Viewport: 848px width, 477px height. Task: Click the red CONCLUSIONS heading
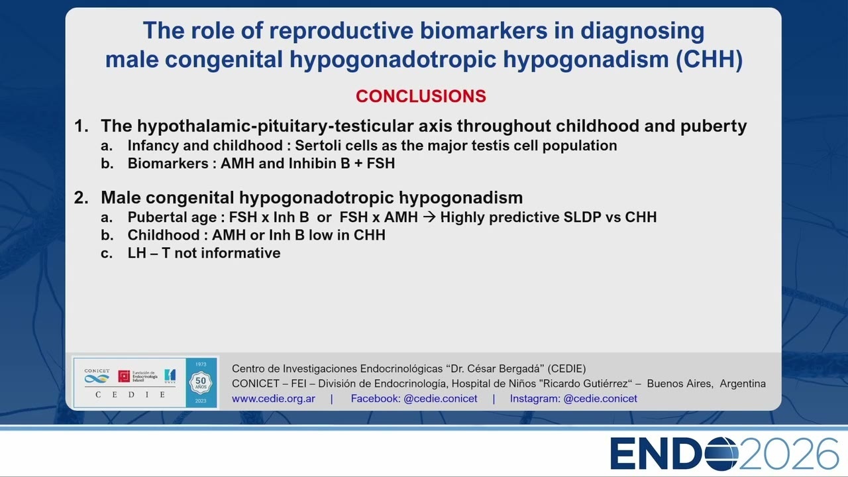tap(421, 96)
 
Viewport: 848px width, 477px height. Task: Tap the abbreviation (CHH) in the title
tap(709, 60)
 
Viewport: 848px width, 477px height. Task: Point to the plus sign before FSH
tap(358, 164)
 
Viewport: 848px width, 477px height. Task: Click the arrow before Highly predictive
tap(429, 217)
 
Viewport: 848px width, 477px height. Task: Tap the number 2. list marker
tap(81, 197)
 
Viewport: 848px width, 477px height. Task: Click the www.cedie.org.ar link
tap(274, 399)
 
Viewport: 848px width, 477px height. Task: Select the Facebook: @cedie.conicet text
tap(414, 399)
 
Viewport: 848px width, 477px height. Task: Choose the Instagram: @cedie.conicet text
tap(573, 399)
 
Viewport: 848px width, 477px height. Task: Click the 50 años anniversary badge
tap(201, 382)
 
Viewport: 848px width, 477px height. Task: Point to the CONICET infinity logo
tap(97, 378)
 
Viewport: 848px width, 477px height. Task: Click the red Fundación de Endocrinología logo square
tap(124, 376)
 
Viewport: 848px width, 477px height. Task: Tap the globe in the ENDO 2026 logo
tap(721, 454)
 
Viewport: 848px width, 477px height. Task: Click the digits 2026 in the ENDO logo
tap(788, 454)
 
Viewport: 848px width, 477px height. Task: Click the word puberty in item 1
tap(714, 127)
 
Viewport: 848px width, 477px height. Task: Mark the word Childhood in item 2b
tap(164, 235)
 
